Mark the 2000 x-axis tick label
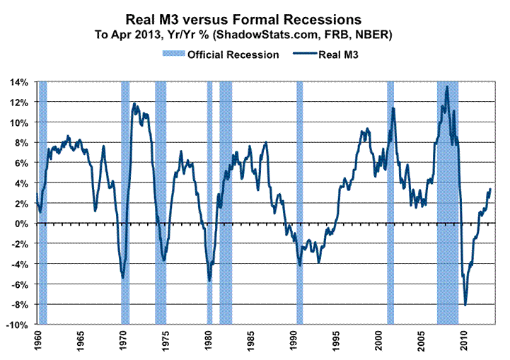click(x=380, y=341)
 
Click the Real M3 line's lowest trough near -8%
click(x=465, y=305)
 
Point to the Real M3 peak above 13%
click(x=446, y=87)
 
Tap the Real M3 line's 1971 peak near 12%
click(x=134, y=104)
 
